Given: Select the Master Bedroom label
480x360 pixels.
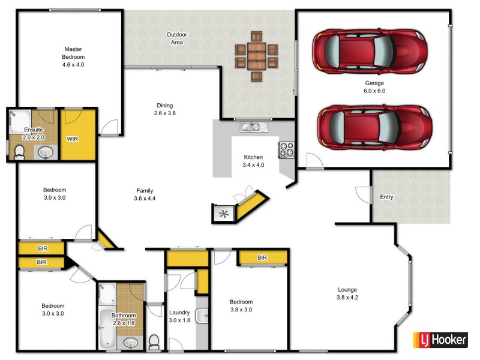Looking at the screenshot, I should pos(73,53).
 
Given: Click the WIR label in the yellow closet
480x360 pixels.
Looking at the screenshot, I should pos(72,139).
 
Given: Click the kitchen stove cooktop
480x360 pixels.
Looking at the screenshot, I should pos(286,149).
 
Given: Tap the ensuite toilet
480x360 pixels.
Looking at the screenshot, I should pos(19,152).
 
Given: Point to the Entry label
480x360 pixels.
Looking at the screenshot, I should pos(387,197).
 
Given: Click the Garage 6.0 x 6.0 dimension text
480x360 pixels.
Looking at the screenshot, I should pos(374,91).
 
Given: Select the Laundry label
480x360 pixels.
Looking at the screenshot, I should pos(179,313).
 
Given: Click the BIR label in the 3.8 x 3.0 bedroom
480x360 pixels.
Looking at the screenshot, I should pos(262,258).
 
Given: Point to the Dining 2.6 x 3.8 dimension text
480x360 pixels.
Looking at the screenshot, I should pos(164,113).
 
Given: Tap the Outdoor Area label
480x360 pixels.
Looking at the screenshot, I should pos(176,38).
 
